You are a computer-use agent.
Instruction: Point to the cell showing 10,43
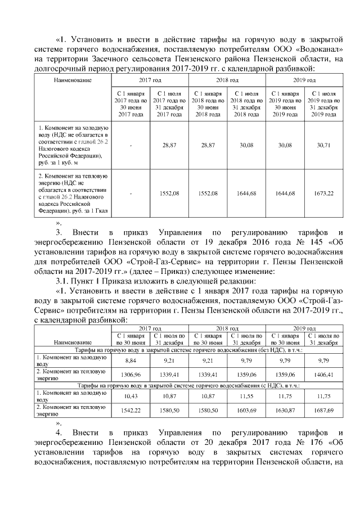tap(130, 397)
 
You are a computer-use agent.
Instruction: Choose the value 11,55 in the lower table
tap(246, 397)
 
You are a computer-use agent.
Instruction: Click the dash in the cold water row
tap(130, 145)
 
